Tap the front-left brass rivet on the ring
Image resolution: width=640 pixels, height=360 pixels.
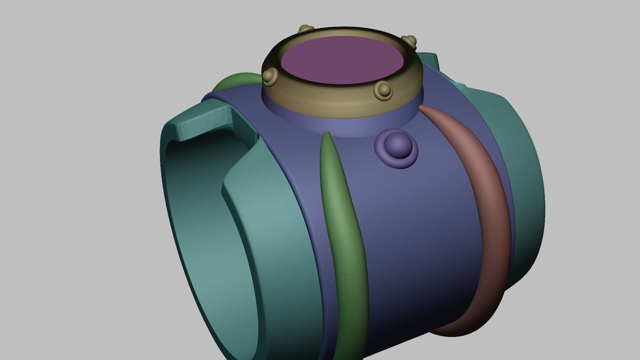(x=270, y=76)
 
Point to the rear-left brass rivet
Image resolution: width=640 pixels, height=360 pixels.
(x=305, y=29)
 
